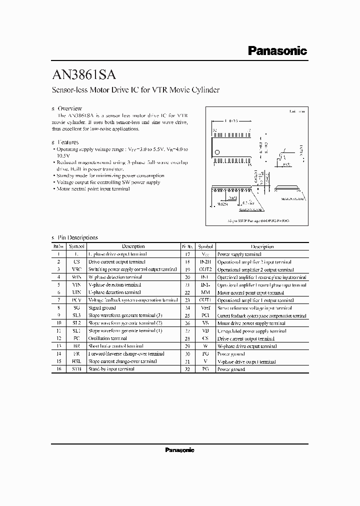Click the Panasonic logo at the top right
point(277,50)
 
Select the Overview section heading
point(69,108)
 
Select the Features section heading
point(68,142)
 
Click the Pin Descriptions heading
point(77,237)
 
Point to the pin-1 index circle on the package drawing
point(216,152)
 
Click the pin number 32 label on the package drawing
point(215,130)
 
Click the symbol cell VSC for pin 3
point(76,269)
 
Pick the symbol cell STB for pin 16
point(76,369)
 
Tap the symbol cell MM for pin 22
point(205,292)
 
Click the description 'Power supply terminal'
point(239,254)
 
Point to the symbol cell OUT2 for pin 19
point(205,269)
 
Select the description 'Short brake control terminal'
point(115,346)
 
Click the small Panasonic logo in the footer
point(179,450)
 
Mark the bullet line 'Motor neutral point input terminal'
point(93,189)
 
